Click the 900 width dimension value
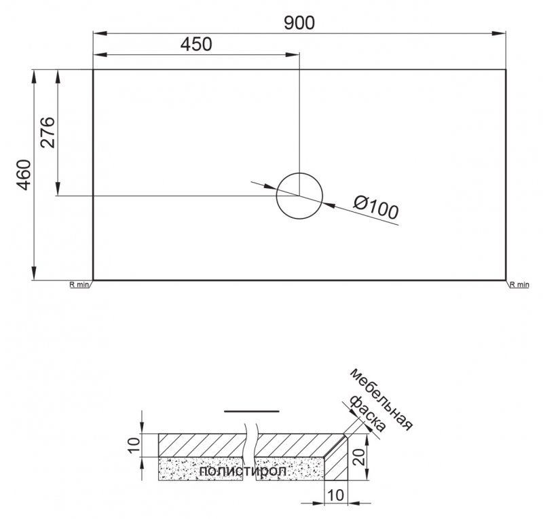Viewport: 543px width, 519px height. (299, 23)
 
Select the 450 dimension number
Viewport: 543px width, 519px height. (196, 44)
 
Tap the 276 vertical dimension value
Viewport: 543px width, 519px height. (48, 132)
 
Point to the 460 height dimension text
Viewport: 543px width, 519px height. (24, 175)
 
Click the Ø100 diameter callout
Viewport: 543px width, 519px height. (376, 207)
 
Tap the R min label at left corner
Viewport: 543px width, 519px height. (79, 285)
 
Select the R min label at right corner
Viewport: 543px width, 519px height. (519, 285)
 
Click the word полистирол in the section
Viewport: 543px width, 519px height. (243, 471)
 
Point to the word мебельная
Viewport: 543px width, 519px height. (381, 399)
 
